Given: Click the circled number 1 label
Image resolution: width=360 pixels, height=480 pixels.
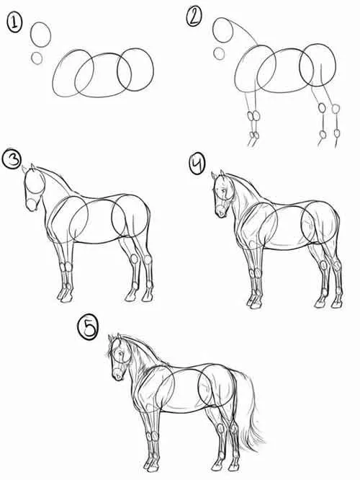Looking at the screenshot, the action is pyautogui.click(x=14, y=23).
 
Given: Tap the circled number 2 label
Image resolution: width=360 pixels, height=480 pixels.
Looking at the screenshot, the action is pyautogui.click(x=194, y=17).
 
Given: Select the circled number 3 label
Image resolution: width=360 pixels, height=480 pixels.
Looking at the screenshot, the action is pyautogui.click(x=12, y=159).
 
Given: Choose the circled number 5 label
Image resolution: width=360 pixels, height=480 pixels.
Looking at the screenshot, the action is pyautogui.click(x=89, y=328).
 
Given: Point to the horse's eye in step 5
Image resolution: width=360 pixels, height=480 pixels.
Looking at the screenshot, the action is pyautogui.click(x=121, y=353).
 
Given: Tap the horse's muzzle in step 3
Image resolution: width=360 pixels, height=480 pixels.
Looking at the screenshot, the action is pyautogui.click(x=32, y=205).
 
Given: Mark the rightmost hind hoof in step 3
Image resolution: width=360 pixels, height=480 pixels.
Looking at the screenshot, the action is pyautogui.click(x=147, y=298).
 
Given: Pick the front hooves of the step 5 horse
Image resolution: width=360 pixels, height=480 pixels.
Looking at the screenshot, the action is pyautogui.click(x=151, y=466).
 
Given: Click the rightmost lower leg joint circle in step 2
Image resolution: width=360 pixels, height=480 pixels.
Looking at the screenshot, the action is pyautogui.click(x=337, y=133).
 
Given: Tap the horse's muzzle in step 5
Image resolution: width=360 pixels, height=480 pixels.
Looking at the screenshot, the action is pyautogui.click(x=118, y=374).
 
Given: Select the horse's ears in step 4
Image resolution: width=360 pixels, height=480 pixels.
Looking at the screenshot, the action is pyautogui.click(x=219, y=174).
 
